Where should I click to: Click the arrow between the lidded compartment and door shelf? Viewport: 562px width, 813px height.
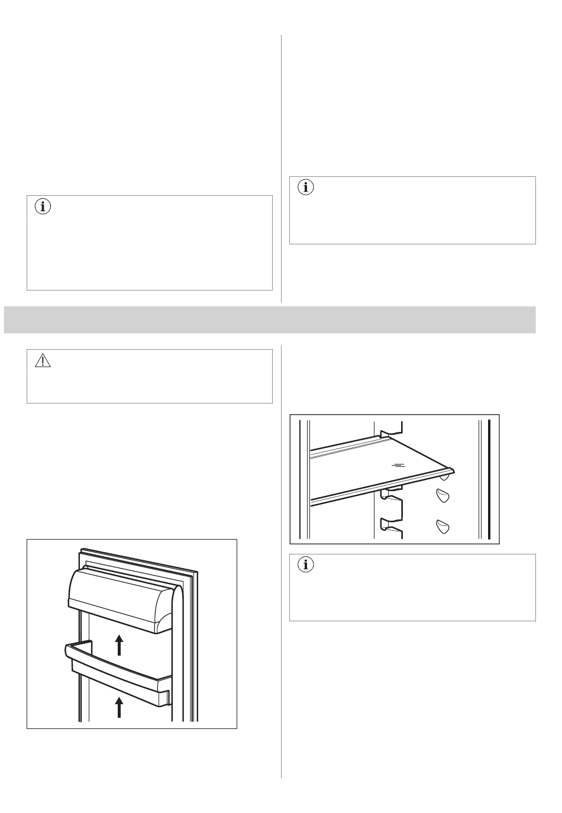pos(119,644)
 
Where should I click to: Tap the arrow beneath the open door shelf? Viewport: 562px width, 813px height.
pos(119,707)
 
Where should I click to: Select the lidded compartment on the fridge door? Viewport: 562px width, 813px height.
pos(118,598)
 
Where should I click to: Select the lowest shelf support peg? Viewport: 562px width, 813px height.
pos(443,525)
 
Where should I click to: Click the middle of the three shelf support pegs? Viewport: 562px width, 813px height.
pos(443,495)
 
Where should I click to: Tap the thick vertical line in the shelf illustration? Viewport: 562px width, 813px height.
pos(490,479)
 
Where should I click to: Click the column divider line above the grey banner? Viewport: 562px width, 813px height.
pos(281,169)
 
